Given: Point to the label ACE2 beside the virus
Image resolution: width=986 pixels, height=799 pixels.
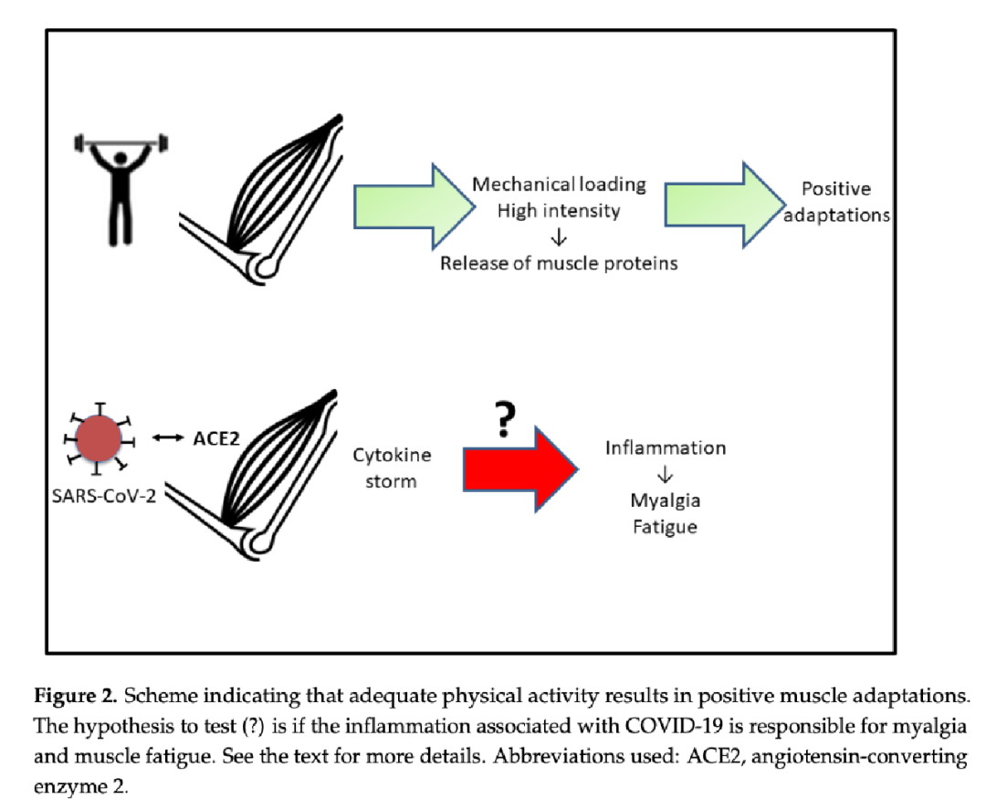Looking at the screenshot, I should [x=216, y=439].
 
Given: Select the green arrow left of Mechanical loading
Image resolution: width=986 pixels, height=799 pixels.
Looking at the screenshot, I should [x=415, y=204].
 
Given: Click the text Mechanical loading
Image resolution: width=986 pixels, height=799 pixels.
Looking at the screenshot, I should [x=559, y=184].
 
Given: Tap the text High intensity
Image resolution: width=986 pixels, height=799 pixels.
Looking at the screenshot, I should [x=559, y=211].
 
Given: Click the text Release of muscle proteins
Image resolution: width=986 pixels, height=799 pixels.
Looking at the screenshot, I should [x=559, y=264].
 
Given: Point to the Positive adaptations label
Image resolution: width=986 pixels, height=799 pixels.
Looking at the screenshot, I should [x=835, y=203].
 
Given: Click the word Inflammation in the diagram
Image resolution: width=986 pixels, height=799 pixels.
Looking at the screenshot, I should [x=666, y=448].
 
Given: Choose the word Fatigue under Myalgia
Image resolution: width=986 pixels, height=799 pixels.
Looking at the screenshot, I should [x=666, y=527].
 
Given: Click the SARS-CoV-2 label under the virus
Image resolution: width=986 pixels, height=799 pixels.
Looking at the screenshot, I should [x=100, y=498].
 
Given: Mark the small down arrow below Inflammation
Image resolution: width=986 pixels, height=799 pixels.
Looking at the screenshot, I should [x=666, y=475].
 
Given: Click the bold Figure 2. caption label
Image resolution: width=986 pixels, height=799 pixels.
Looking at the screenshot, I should [x=76, y=697].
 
